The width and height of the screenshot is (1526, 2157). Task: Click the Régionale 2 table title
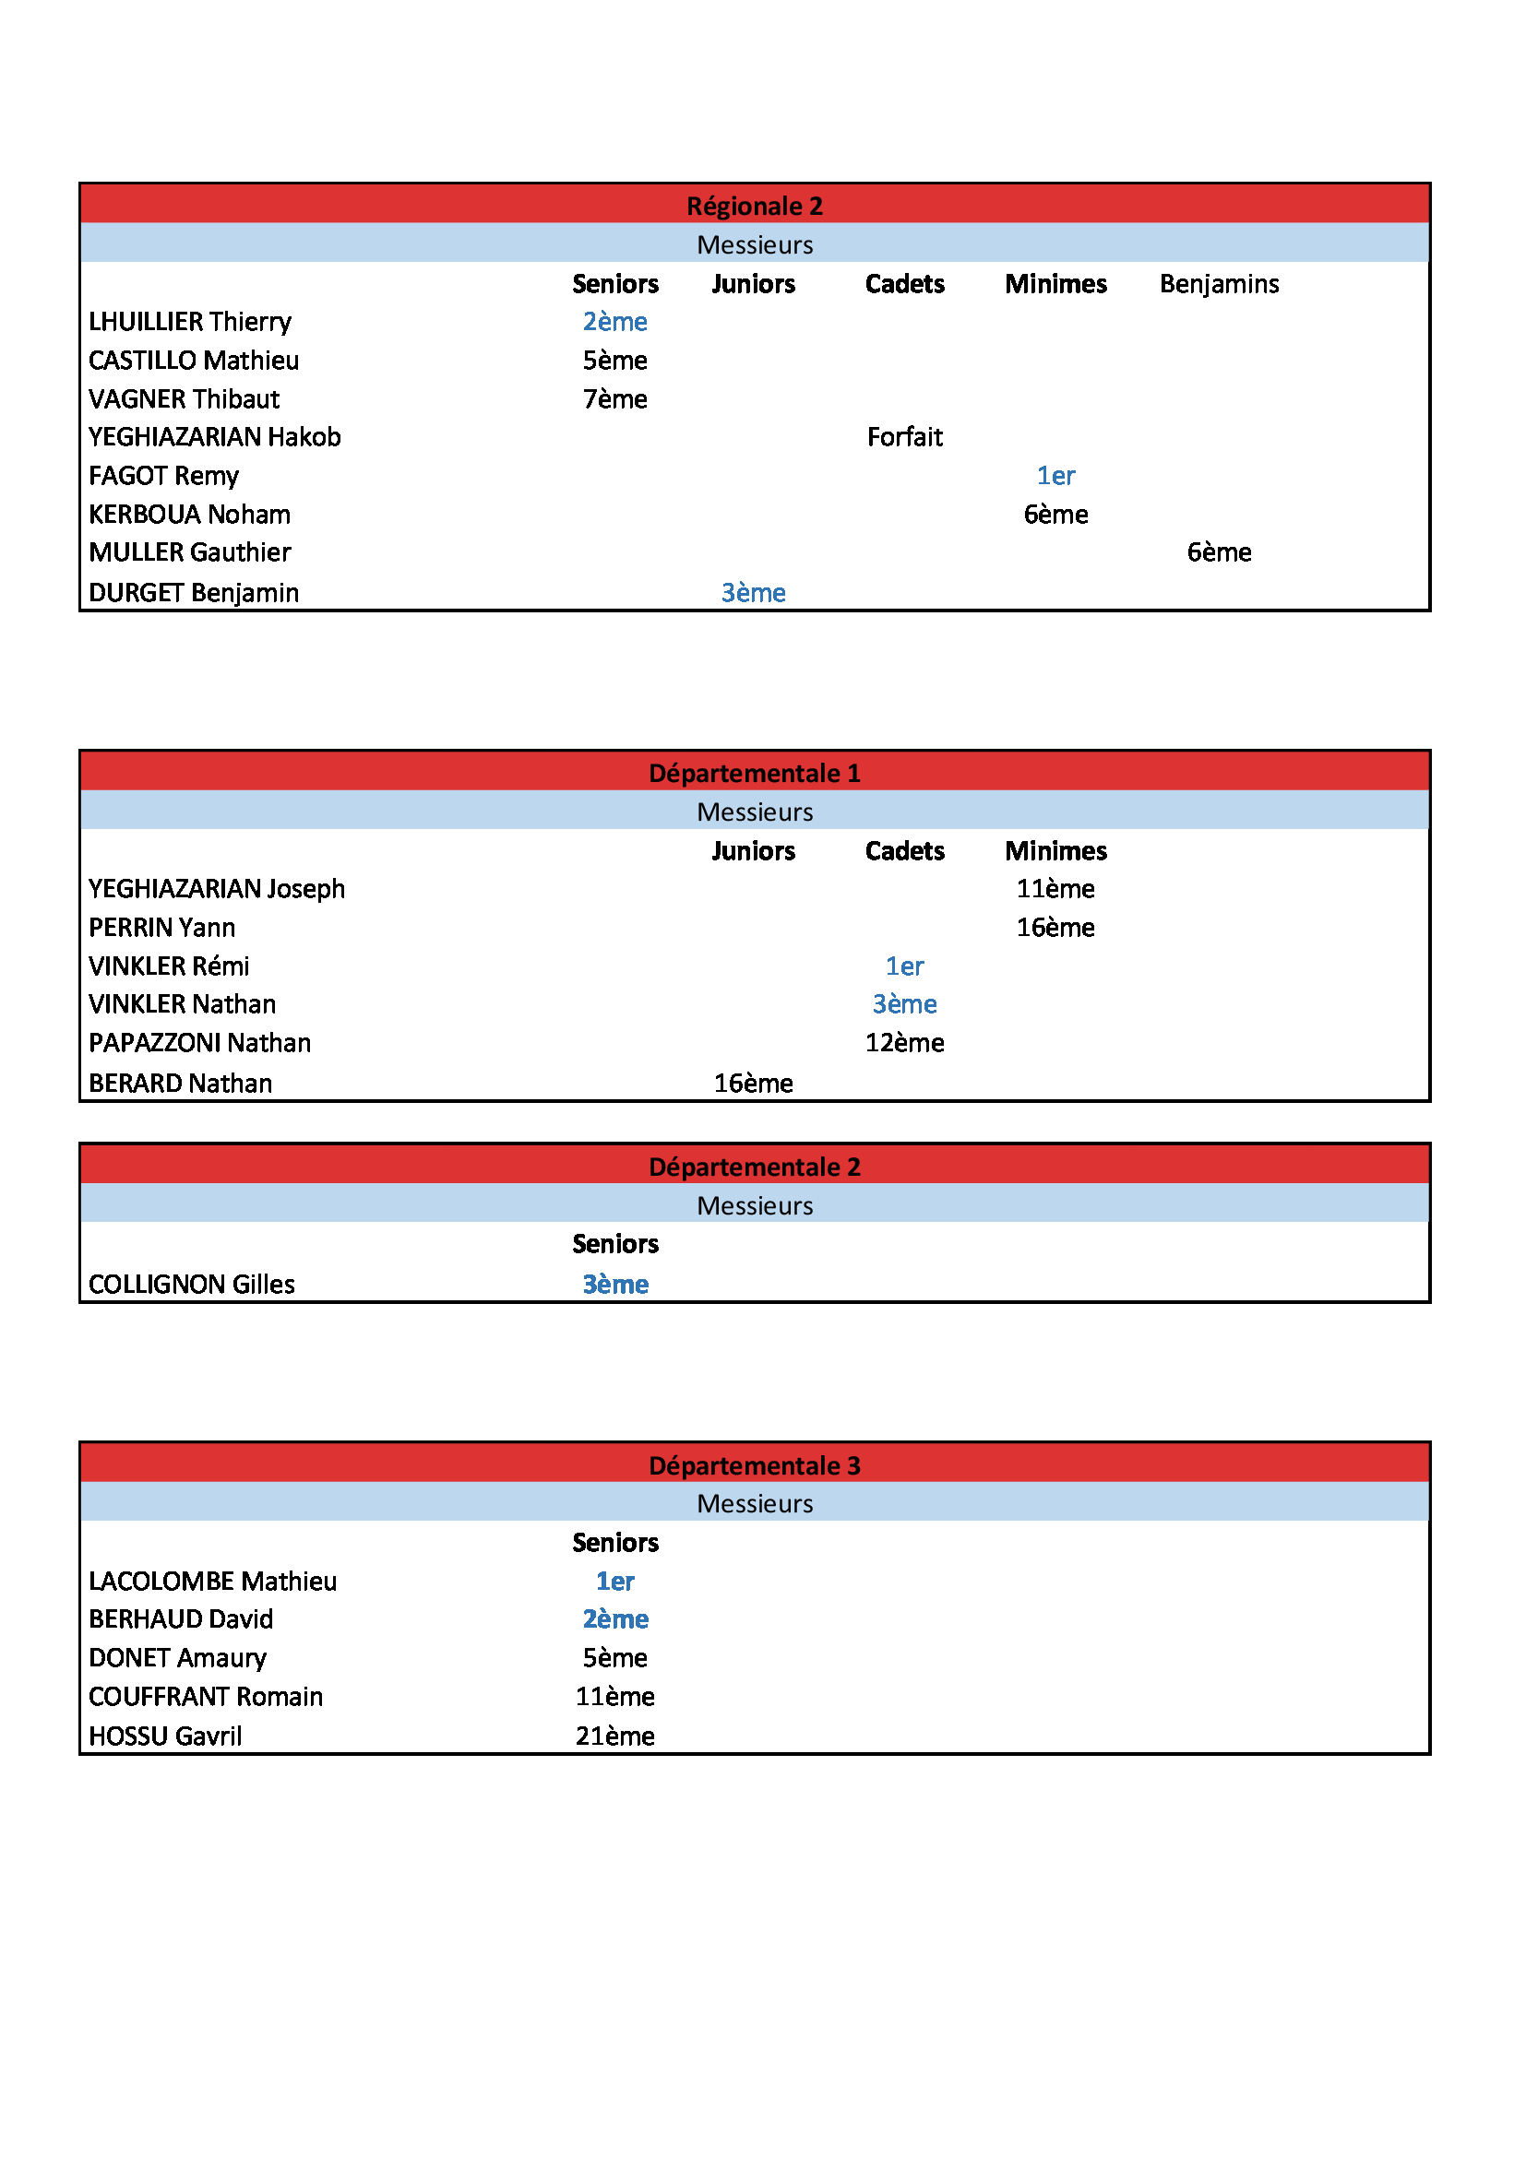point(755,206)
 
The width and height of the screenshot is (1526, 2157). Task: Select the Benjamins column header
point(1219,284)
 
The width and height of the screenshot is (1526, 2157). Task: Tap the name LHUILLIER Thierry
point(190,322)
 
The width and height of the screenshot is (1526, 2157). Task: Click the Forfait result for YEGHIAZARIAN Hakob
point(904,437)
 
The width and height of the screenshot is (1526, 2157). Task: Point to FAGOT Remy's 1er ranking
point(1055,476)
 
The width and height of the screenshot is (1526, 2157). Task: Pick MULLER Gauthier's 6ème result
point(1219,552)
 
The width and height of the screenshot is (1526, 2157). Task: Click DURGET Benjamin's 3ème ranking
point(753,593)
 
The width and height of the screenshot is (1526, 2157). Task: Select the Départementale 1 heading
point(755,773)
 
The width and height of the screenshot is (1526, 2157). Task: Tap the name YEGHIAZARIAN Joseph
point(216,889)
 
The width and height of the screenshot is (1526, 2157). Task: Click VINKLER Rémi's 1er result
point(904,966)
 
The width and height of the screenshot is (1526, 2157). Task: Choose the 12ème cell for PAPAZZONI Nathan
point(904,1043)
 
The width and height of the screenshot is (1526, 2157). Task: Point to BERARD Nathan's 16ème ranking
point(753,1084)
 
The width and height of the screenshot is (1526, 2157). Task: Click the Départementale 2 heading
point(755,1167)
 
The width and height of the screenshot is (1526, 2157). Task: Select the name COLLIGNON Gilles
point(192,1285)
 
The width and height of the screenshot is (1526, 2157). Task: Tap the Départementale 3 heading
point(755,1465)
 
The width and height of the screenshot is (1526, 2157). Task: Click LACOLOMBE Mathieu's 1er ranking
point(614,1582)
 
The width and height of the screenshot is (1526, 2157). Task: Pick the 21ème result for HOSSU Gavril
point(614,1736)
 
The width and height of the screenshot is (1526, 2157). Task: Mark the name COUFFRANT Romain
point(206,1697)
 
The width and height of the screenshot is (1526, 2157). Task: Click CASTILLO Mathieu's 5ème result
point(614,361)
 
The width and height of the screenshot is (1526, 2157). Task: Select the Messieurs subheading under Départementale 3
point(755,1503)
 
